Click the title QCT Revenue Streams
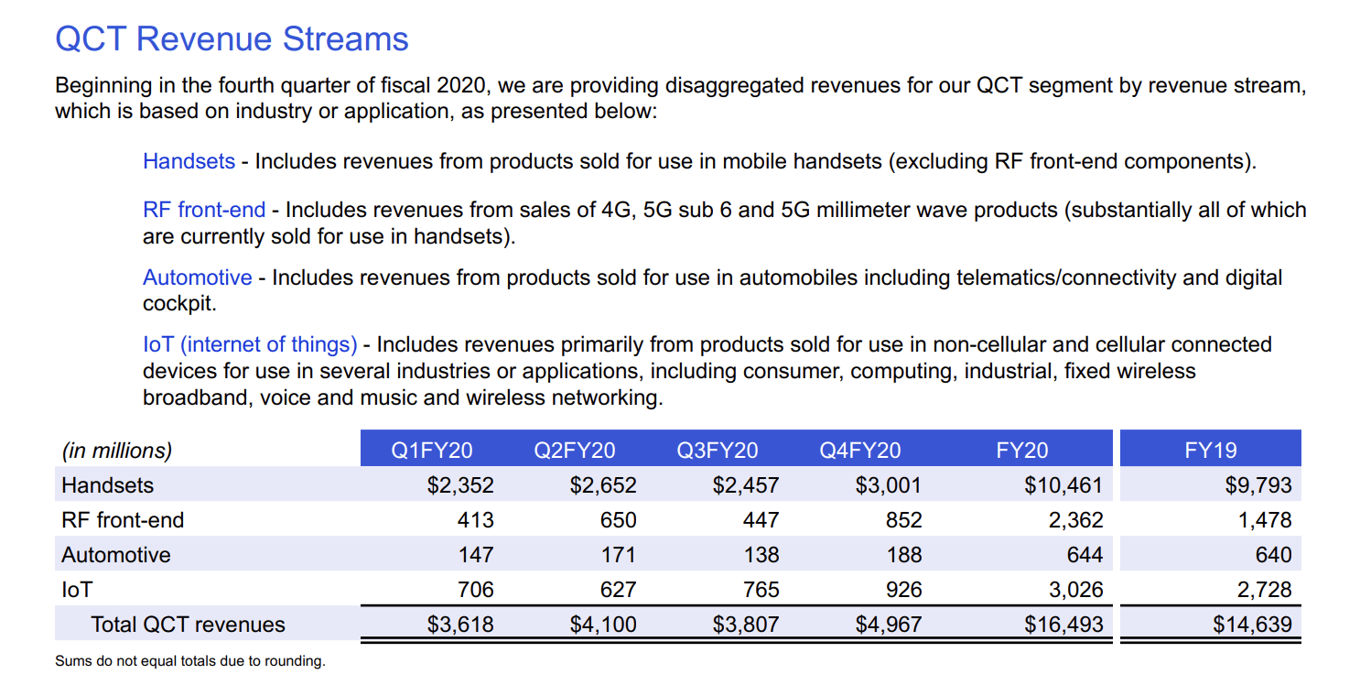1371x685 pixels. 232,39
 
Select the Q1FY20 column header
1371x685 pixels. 431,450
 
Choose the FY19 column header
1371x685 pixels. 1210,450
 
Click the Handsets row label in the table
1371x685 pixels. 107,485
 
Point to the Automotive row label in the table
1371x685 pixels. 115,555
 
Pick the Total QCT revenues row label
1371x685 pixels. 188,625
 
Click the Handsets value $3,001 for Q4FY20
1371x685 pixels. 888,485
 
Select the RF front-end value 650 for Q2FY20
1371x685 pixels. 618,520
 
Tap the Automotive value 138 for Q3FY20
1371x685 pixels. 761,555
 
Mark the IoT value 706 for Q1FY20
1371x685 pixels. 475,590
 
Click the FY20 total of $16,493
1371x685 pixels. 1063,625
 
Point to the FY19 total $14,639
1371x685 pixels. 1252,625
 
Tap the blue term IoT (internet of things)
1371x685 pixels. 250,344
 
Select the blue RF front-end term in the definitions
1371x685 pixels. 204,210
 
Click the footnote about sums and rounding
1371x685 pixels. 189,661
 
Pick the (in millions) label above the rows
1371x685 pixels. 116,451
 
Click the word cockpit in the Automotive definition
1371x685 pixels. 179,302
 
